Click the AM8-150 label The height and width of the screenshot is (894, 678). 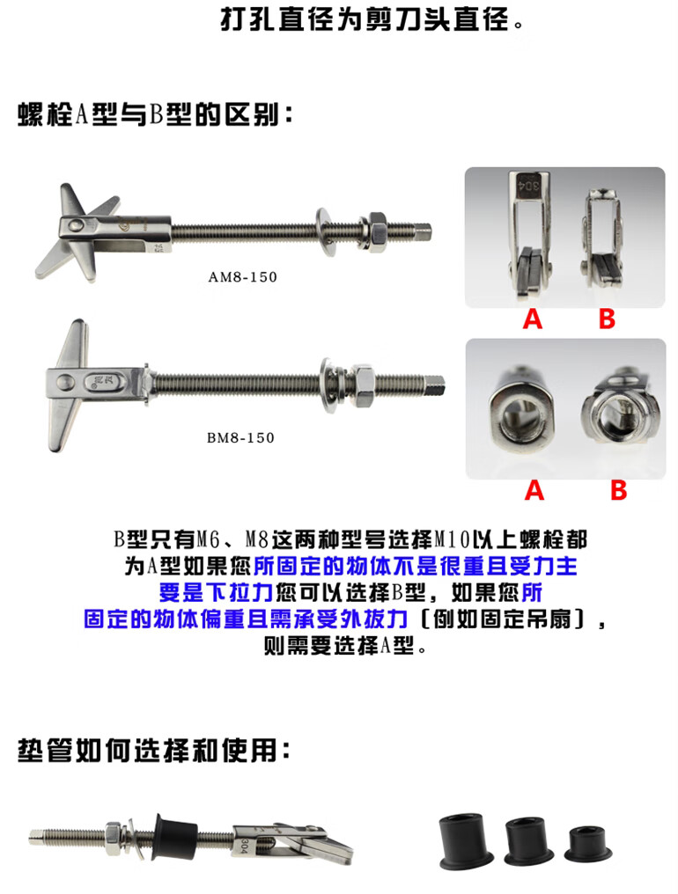[x=242, y=277]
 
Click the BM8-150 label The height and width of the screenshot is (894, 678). [x=240, y=438]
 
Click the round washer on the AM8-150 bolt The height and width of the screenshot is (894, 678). [x=324, y=232]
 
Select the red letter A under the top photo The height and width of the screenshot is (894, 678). [x=533, y=319]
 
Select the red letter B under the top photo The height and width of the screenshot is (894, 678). [x=607, y=319]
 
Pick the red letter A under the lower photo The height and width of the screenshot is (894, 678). [x=534, y=490]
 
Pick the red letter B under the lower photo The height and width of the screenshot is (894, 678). [x=619, y=490]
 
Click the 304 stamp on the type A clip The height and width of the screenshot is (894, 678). [x=529, y=186]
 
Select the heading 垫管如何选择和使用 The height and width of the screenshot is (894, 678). [x=154, y=751]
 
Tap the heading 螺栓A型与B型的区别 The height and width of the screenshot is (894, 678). [x=155, y=114]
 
